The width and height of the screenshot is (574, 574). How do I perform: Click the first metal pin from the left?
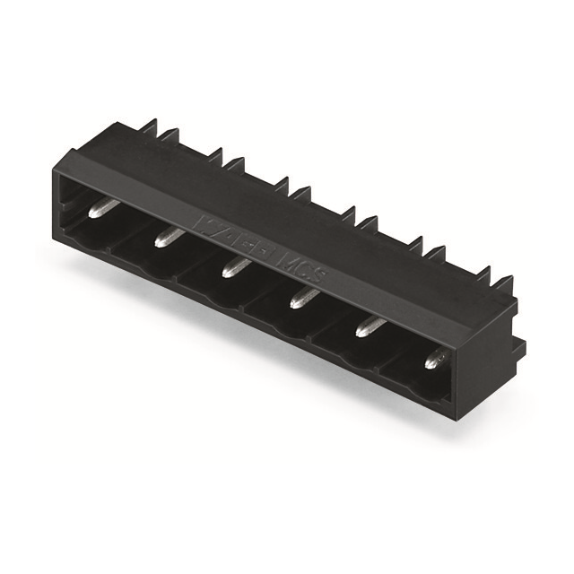pos(104,209)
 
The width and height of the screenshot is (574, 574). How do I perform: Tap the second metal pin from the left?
pos(169,237)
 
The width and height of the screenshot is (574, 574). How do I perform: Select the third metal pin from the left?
pos(235,266)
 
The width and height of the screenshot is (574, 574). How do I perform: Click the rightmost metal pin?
pos(435,359)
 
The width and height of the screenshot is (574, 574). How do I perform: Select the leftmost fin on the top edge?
pos(150,125)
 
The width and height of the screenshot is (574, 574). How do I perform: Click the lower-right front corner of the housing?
pos(449,413)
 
